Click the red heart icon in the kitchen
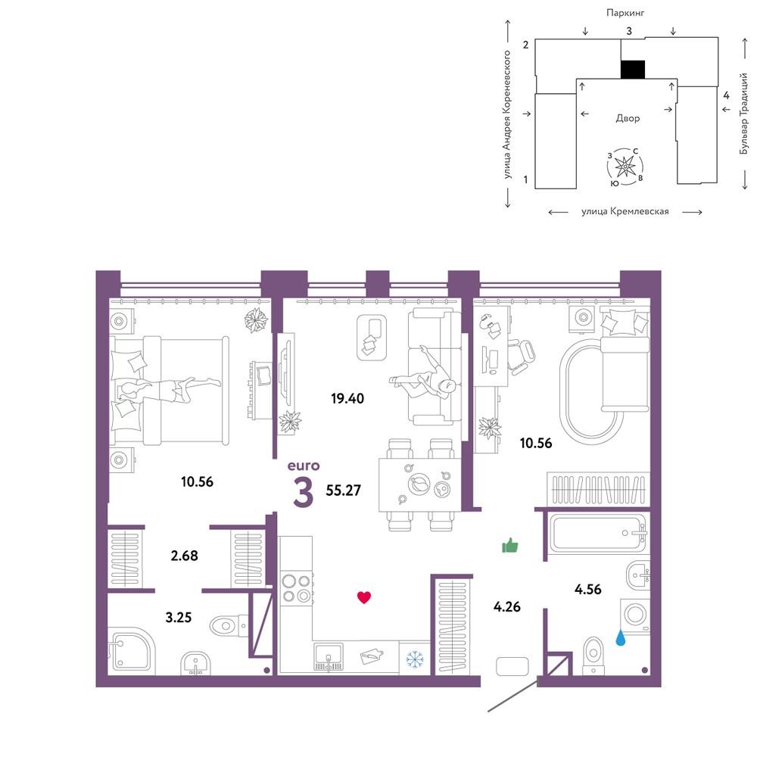click(364, 598)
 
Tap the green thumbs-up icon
click(509, 546)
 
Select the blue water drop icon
click(621, 639)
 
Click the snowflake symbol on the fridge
click(414, 659)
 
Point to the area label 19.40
click(347, 399)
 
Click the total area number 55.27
click(343, 491)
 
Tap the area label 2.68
click(185, 556)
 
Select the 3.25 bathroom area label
click(179, 618)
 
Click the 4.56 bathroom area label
click(588, 590)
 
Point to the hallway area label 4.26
click(507, 607)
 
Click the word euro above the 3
click(304, 466)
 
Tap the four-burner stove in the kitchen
click(297, 588)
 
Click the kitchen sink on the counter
click(329, 656)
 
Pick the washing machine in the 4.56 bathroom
click(635, 616)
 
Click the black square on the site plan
click(632, 70)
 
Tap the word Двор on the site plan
click(628, 118)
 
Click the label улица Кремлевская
click(625, 211)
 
